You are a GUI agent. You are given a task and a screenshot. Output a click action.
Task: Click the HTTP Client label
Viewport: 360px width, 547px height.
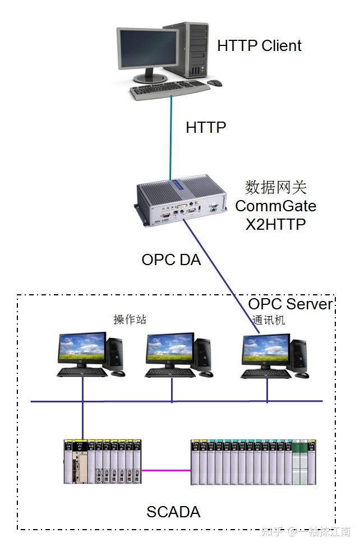point(259,46)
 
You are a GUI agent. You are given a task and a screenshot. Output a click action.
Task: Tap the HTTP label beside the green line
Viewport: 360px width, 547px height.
point(206,128)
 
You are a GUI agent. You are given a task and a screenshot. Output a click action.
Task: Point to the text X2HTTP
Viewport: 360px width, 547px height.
point(275,225)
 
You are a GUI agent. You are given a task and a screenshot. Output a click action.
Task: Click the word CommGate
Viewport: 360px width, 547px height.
point(275,206)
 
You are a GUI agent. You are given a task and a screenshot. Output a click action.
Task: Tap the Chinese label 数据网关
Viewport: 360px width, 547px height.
point(275,187)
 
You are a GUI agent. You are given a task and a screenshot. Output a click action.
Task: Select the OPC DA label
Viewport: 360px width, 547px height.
point(171,260)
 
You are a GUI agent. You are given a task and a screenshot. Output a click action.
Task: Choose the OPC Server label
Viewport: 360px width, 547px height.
point(290,304)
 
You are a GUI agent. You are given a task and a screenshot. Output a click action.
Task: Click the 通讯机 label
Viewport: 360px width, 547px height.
point(269,320)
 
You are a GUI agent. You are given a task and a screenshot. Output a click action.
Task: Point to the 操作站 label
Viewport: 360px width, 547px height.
point(130,319)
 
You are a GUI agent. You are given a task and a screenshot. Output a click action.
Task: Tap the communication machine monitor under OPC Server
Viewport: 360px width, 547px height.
point(266,350)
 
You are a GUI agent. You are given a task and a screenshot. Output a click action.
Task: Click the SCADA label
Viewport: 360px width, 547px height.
point(173,512)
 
